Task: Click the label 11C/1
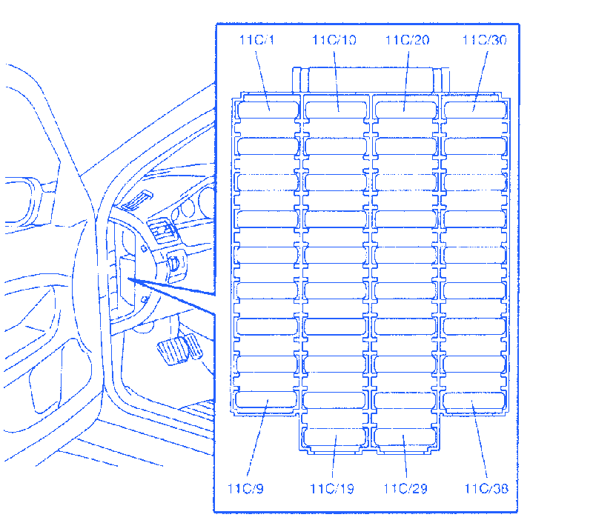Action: point(256,40)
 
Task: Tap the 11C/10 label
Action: point(334,40)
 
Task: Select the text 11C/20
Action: point(407,40)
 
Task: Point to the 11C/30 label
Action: point(485,40)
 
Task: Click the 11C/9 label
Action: point(245,489)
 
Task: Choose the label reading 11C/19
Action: point(332,489)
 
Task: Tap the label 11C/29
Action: point(405,489)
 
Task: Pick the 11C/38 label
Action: point(486,489)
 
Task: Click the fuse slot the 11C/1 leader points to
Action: point(268,110)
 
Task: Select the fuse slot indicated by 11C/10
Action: point(336,110)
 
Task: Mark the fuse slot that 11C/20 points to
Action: point(405,110)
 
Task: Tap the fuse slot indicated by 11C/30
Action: point(475,110)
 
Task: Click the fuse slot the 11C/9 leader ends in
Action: point(266,399)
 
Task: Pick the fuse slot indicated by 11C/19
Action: point(335,437)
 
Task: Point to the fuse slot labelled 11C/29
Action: point(405,437)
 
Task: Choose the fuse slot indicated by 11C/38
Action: point(474,401)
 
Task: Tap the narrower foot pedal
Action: point(194,346)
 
